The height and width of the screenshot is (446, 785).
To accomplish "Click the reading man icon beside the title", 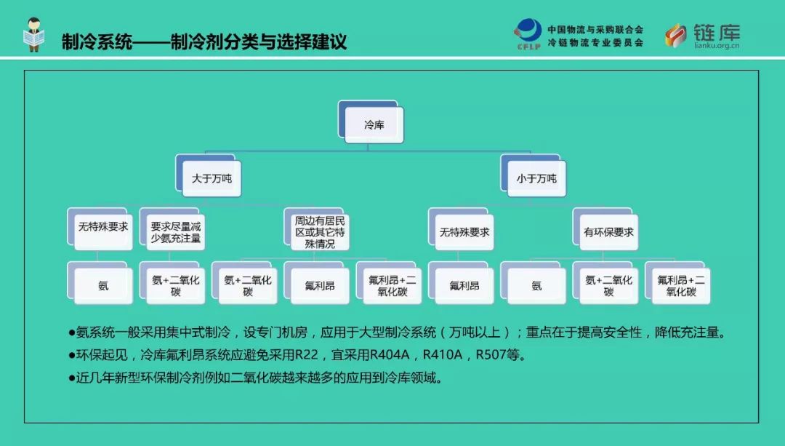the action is pos(34,34).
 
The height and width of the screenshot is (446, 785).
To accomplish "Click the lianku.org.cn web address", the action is pos(717,46).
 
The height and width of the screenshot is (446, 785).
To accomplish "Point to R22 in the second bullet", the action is pos(307,355).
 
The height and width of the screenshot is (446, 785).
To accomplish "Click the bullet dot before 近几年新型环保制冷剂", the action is pos(71,378).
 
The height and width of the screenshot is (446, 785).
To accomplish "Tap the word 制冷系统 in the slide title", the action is pos(97,41).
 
